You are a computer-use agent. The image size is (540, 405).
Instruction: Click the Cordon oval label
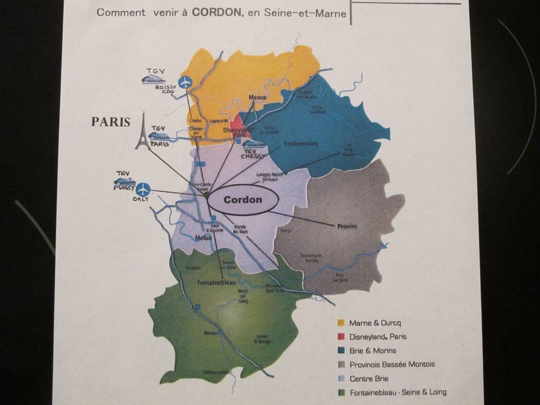242,200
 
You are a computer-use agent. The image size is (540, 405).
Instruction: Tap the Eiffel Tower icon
143,132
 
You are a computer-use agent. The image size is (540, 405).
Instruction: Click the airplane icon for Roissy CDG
185,82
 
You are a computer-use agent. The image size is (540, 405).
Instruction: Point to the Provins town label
347,226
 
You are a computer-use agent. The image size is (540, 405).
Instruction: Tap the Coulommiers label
301,144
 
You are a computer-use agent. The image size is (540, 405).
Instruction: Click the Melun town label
202,238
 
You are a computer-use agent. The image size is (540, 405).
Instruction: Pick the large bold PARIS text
111,122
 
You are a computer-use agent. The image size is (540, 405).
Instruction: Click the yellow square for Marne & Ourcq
340,323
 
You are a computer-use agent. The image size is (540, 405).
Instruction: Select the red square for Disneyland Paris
340,336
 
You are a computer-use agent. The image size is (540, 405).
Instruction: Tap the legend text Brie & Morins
372,350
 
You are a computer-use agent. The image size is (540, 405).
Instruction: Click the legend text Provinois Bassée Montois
391,364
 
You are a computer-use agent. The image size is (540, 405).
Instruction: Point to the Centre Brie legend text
369,379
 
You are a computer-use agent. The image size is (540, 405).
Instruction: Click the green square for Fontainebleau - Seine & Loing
340,392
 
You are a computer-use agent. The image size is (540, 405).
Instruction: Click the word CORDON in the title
218,12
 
